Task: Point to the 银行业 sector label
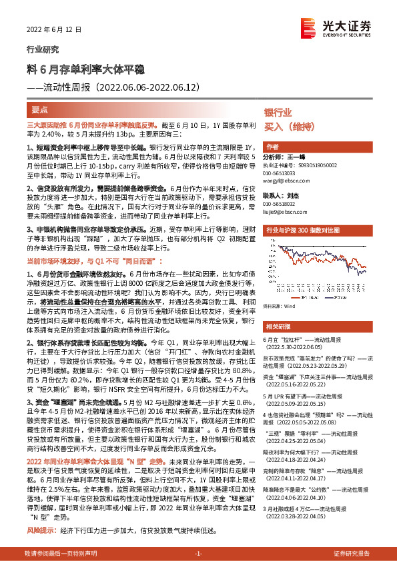coord(277,113)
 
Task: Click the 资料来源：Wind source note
coord(280,307)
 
